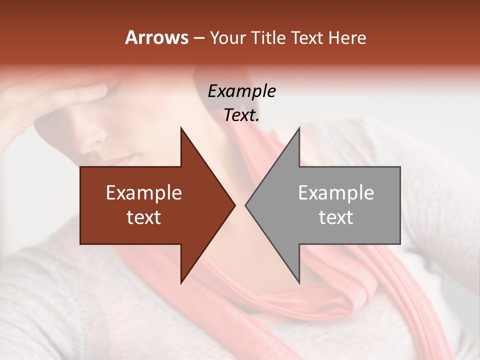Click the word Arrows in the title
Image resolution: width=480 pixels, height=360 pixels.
[157, 37]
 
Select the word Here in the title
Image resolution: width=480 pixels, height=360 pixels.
[347, 38]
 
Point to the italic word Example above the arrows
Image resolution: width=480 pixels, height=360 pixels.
[241, 91]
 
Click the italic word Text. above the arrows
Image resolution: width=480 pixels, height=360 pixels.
[241, 115]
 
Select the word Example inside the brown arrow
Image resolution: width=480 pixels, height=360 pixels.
[144, 193]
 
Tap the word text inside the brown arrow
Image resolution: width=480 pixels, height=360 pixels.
[144, 217]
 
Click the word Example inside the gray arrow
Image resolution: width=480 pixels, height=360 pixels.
[336, 193]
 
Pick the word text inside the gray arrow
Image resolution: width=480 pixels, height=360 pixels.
[336, 217]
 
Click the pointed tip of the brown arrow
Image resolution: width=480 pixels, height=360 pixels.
[234, 205]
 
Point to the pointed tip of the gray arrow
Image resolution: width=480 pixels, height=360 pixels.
[246, 205]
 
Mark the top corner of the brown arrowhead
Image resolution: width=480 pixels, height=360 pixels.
[181, 128]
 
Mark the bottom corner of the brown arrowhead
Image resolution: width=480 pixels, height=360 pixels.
[181, 282]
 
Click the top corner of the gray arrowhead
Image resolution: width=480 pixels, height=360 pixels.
[299, 128]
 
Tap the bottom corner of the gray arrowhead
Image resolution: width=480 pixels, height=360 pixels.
[299, 282]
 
